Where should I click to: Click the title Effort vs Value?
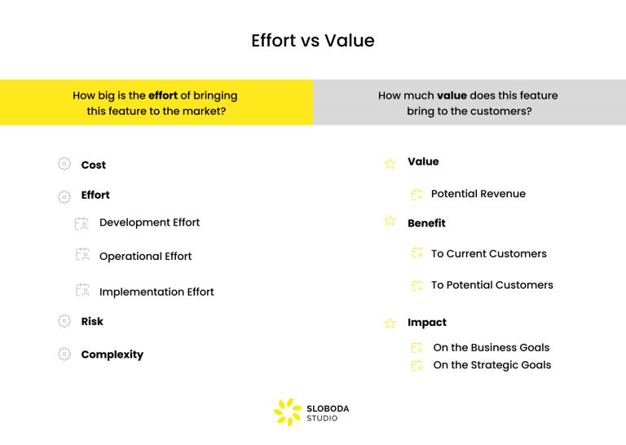pos(313,41)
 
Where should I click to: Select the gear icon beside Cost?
pos(64,164)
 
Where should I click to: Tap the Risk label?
pos(92,322)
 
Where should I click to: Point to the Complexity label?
pos(112,355)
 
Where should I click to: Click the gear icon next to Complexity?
pos(64,354)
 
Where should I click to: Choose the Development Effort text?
pos(149,222)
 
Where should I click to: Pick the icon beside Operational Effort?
pos(82,254)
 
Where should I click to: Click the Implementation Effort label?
pos(156,292)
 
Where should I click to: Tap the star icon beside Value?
pos(390,163)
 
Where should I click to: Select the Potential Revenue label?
pos(478,194)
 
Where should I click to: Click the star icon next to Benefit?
pos(390,221)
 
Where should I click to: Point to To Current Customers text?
pos(488,254)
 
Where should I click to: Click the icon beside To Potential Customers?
pos(417,285)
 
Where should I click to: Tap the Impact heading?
pos(427,323)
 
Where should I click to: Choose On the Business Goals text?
pos(491,347)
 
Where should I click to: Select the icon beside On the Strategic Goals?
pos(417,366)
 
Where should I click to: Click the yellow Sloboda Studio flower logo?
pos(287,412)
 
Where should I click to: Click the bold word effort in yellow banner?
pos(163,95)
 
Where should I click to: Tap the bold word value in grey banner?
pos(452,95)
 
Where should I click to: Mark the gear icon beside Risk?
pos(64,321)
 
